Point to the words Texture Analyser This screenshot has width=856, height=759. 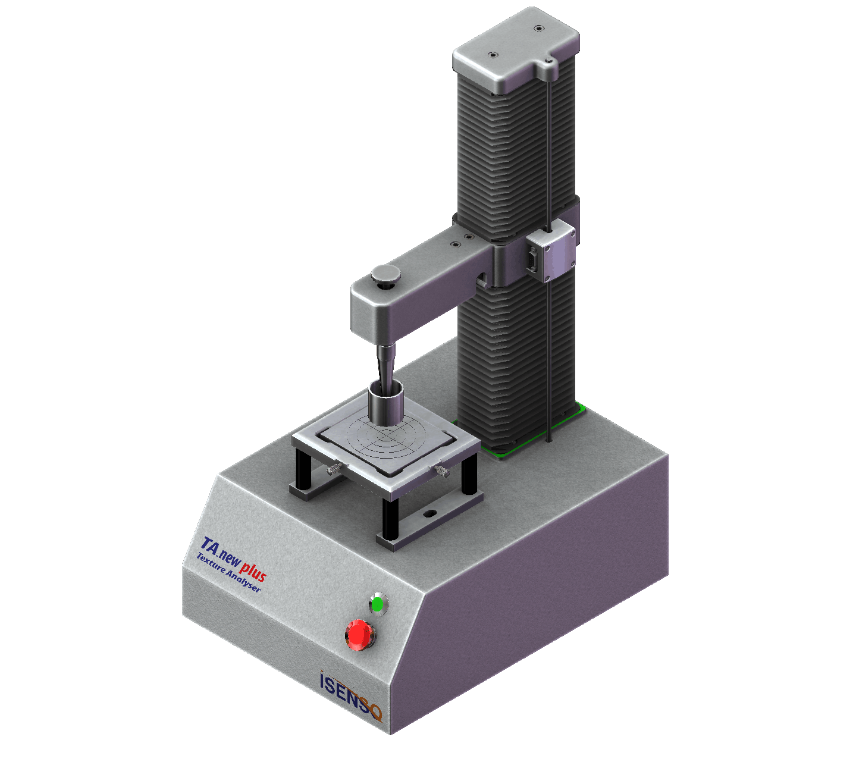(228, 573)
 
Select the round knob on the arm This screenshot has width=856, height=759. (385, 275)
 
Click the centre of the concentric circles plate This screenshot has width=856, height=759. (385, 435)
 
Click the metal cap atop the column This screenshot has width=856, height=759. (516, 50)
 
